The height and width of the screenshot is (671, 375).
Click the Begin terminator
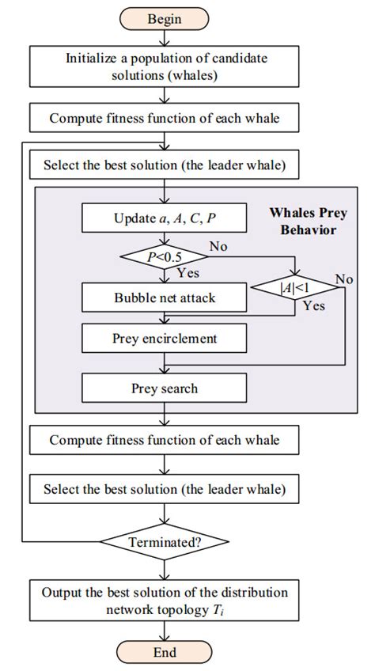[x=165, y=17]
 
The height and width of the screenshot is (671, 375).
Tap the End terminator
[x=165, y=653]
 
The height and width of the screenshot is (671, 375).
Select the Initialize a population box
[x=165, y=68]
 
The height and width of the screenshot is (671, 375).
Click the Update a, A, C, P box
[x=165, y=218]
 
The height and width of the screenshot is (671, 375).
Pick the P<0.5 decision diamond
[x=165, y=257]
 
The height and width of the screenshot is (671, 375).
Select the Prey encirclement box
[x=165, y=339]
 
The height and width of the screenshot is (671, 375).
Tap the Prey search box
[x=165, y=389]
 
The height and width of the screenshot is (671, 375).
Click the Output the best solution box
[x=165, y=601]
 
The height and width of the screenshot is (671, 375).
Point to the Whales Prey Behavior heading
[x=303, y=222]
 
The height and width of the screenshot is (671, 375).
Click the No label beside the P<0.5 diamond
[x=219, y=247]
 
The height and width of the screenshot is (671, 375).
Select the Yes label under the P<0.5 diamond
[x=187, y=274]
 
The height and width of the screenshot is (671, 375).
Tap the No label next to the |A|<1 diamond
[x=344, y=279]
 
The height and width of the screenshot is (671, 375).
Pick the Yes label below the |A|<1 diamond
[x=314, y=305]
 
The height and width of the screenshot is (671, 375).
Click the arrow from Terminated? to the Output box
[x=165, y=569]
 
